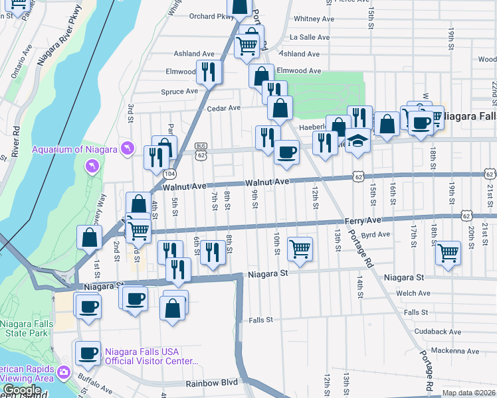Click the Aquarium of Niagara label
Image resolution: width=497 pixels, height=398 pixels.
[x=74, y=149]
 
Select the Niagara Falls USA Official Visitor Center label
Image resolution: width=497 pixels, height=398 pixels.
[x=151, y=356]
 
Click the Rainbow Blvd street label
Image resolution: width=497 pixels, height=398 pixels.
[x=211, y=383]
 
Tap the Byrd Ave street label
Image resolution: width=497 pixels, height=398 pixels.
[x=375, y=234]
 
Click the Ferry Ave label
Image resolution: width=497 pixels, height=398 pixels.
[x=362, y=220]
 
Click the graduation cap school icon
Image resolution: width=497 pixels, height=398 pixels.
[x=357, y=141]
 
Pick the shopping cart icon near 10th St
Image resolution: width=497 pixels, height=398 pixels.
[x=300, y=249]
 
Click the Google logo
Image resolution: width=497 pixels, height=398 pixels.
[x=22, y=390]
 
